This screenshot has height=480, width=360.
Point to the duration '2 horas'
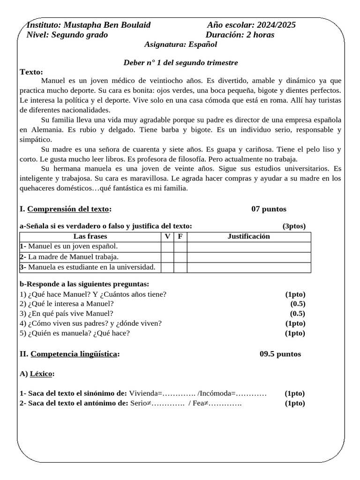pos(260,35)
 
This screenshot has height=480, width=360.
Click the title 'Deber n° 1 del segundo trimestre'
pos(180,62)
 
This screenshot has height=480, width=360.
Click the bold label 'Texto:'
pos(31,72)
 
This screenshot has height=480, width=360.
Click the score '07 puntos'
pos(269,209)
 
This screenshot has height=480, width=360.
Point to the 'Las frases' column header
pos(90,236)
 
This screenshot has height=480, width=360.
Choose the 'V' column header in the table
pos(167,236)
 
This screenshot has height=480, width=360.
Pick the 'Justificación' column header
pos(248,236)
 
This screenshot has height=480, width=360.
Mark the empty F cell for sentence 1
pos(180,247)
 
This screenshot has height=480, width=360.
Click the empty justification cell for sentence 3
pos(248,267)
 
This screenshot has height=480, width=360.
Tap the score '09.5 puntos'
pos(280,354)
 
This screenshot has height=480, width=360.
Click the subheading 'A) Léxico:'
pos(37,374)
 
